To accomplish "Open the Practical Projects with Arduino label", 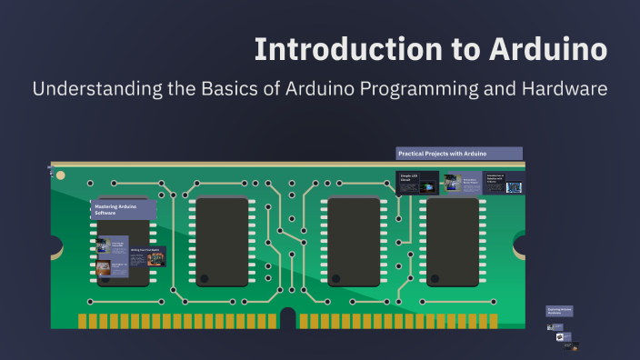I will point(459,154).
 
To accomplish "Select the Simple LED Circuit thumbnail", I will point(416,182).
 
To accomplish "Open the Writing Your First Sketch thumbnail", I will point(148,256).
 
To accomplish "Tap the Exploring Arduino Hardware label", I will point(559,311).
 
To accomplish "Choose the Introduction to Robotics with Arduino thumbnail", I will point(504,183).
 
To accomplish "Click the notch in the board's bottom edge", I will point(287,319).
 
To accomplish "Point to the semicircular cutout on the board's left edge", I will point(55,245).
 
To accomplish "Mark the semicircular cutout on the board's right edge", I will point(521,245).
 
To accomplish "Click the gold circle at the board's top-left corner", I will point(61,175).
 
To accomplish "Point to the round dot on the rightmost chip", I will point(435,278).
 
